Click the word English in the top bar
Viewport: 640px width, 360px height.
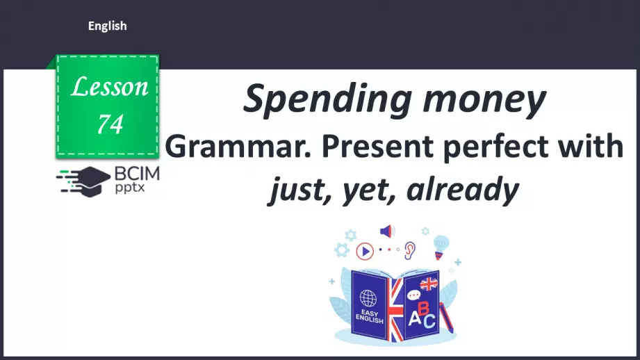107,26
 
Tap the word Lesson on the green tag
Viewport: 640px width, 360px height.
110,87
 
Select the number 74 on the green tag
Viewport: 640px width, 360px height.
110,123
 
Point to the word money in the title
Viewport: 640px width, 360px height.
483,99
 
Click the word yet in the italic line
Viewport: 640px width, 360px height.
370,188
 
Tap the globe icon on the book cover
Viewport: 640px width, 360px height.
368,298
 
